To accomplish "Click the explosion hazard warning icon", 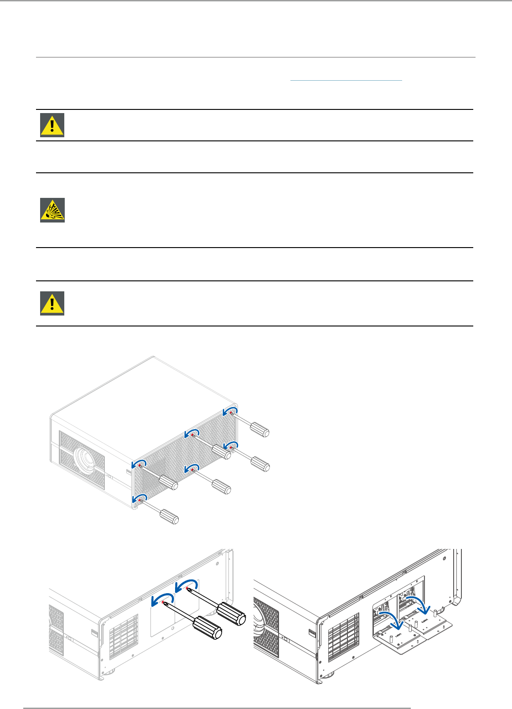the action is [x=52, y=210].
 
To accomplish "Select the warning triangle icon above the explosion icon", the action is [x=52, y=125].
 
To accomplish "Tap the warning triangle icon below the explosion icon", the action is [x=52, y=303].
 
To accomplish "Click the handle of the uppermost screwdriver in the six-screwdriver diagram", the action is [x=260, y=429].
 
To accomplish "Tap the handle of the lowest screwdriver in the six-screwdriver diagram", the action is [x=169, y=518].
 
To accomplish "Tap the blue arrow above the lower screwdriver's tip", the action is [x=163, y=598].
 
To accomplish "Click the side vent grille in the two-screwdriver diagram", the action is [x=123, y=636].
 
